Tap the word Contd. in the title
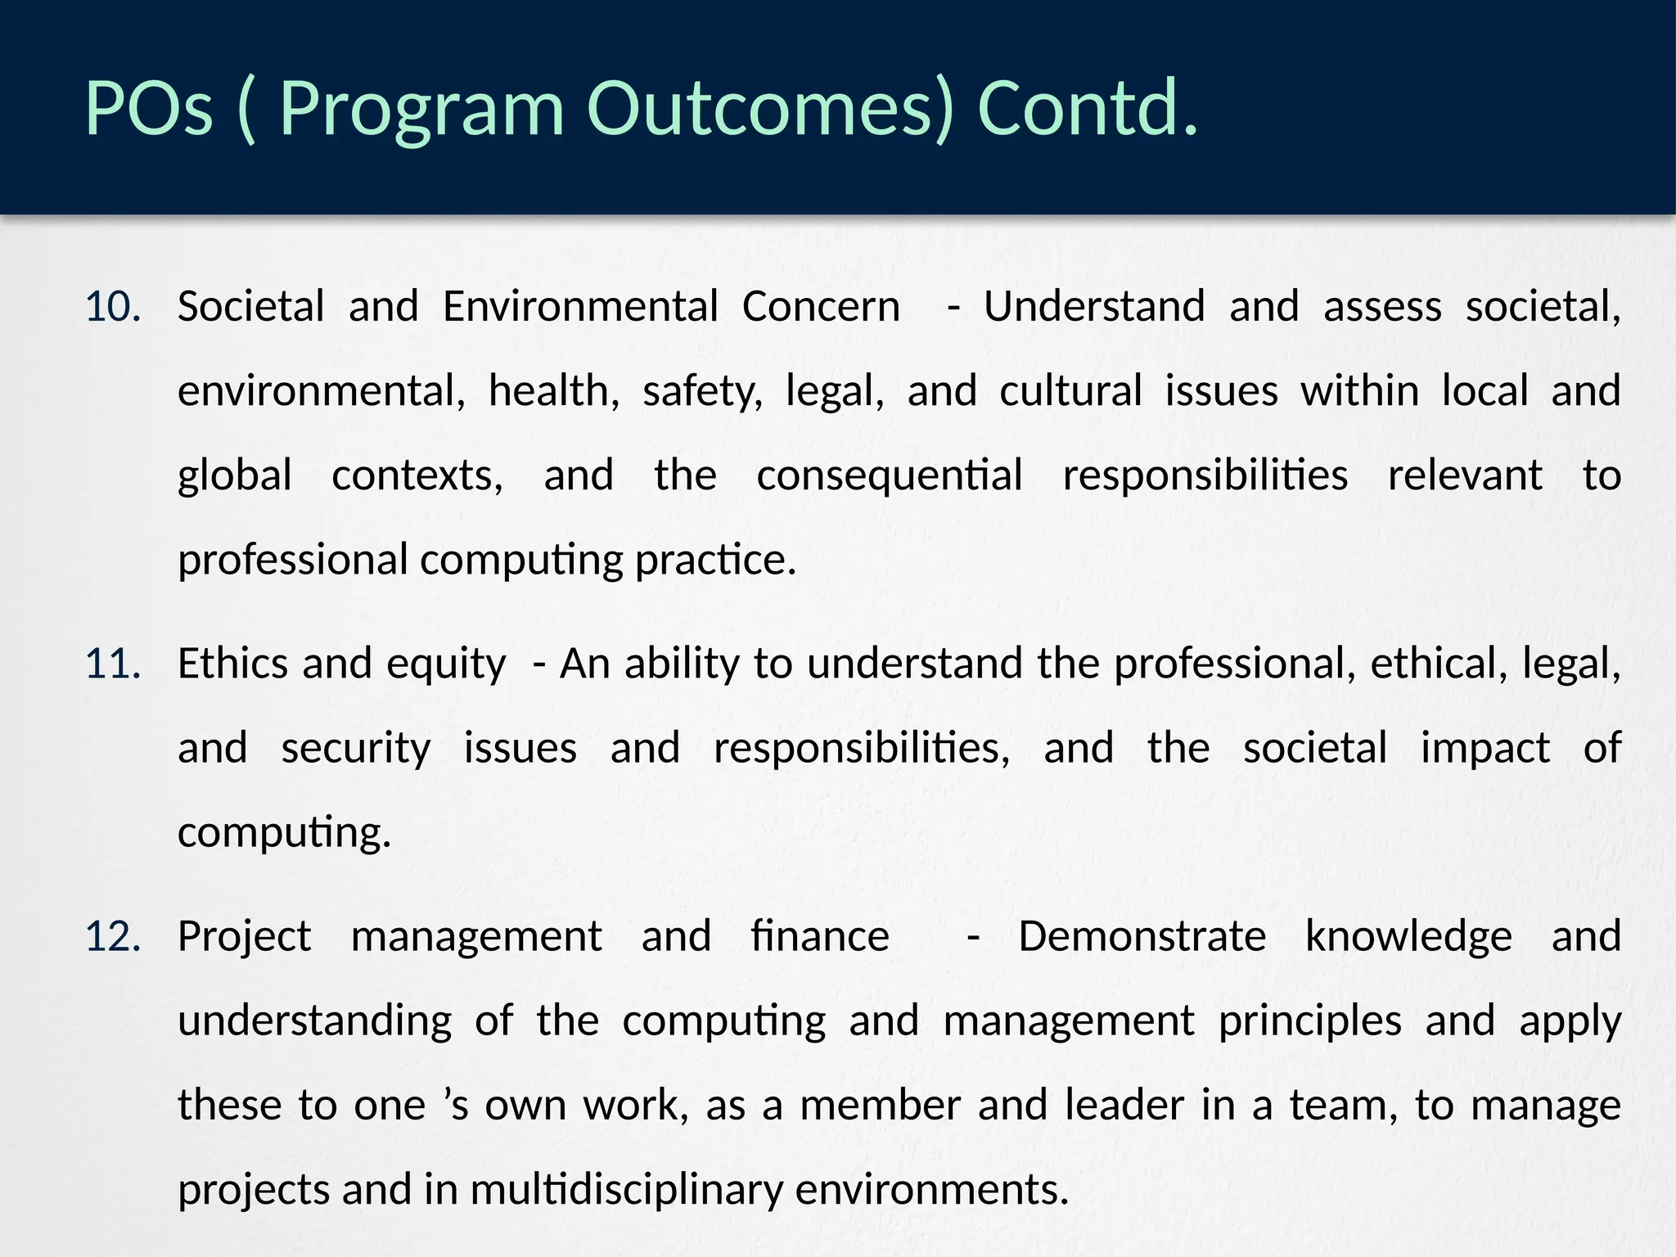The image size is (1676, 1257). pyautogui.click(x=1088, y=108)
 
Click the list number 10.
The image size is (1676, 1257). pyautogui.click(x=113, y=307)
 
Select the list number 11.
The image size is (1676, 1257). pyautogui.click(x=113, y=664)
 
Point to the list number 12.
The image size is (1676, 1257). pyautogui.click(x=113, y=936)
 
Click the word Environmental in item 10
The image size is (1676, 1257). pyautogui.click(x=580, y=307)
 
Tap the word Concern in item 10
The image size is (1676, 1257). pyautogui.click(x=821, y=307)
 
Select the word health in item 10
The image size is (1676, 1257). pyautogui.click(x=553, y=391)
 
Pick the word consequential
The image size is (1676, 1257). pyautogui.click(x=889, y=476)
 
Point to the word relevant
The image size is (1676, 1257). pyautogui.click(x=1465, y=476)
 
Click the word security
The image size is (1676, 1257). pyautogui.click(x=356, y=749)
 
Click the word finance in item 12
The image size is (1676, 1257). pyautogui.click(x=820, y=936)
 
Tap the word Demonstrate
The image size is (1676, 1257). pyautogui.click(x=1142, y=936)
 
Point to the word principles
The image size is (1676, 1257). pyautogui.click(x=1309, y=1022)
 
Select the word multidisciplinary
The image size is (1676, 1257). pyautogui.click(x=627, y=1190)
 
